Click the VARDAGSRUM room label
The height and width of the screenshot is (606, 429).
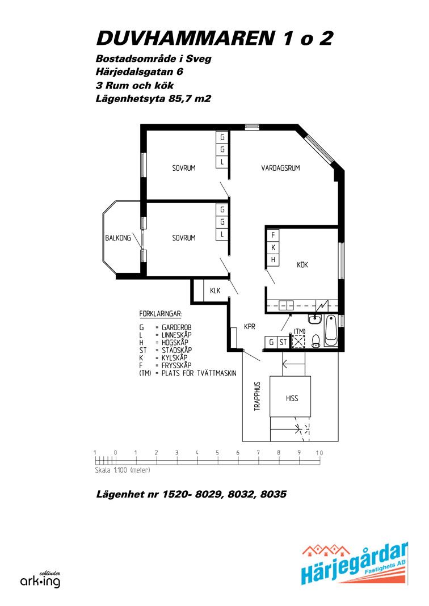pos(280,168)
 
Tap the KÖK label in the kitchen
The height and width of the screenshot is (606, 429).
pos(302,265)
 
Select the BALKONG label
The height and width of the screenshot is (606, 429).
pos(118,238)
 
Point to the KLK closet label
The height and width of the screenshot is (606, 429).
pos(215,291)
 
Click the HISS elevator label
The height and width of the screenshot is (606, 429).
pos(292,398)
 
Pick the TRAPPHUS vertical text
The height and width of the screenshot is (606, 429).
pos(258,395)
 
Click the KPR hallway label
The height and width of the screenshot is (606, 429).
pos(250,327)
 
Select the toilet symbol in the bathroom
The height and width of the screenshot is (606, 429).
pos(316,341)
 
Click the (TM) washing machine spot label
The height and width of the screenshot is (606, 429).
pos(299,331)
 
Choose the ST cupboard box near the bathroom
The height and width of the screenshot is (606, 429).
pos(283,342)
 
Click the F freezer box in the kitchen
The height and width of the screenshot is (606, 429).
pos(274,235)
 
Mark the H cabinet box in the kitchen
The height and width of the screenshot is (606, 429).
pos(274,260)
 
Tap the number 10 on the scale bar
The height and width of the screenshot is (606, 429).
pos(319,453)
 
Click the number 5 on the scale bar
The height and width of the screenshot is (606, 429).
pos(217,453)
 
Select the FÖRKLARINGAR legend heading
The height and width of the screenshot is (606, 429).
pos(161,313)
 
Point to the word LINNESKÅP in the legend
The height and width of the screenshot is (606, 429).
pos(176,335)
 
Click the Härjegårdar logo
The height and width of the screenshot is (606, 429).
pos(355,563)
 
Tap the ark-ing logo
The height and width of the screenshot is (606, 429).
pos(40,580)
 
